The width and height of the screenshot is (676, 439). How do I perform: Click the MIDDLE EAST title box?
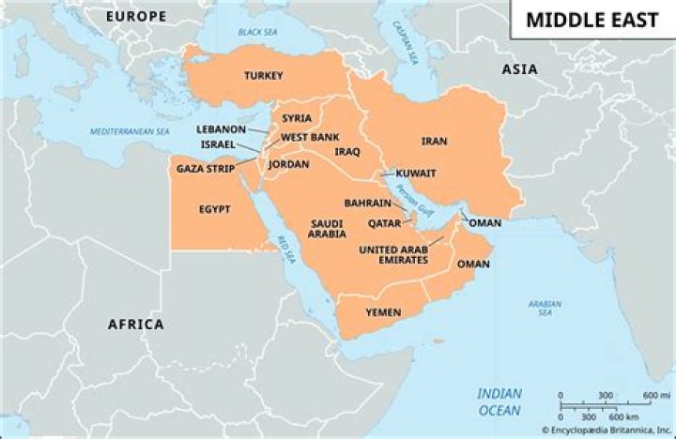click(x=592, y=20)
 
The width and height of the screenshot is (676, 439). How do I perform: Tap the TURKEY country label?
click(x=264, y=75)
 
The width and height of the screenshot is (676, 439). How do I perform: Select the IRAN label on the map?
click(x=434, y=142)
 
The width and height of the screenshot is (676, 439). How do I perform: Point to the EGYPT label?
click(x=214, y=209)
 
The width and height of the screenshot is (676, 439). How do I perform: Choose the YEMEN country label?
click(x=383, y=311)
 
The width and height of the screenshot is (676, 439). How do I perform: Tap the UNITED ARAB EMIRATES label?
click(x=394, y=255)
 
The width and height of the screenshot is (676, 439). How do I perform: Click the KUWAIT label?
click(x=416, y=174)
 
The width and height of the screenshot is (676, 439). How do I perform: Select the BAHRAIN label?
click(x=367, y=203)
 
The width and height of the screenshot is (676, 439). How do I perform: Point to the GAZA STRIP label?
click(x=206, y=169)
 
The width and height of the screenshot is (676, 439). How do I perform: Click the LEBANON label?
click(x=221, y=129)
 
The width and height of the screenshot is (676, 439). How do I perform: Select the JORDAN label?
click(x=288, y=164)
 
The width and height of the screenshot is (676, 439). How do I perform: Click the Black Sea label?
click(x=257, y=32)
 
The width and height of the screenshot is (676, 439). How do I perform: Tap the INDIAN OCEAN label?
click(x=499, y=401)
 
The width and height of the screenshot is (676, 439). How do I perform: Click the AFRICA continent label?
click(x=135, y=325)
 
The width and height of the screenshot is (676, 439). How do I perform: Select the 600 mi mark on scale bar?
click(x=654, y=395)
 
